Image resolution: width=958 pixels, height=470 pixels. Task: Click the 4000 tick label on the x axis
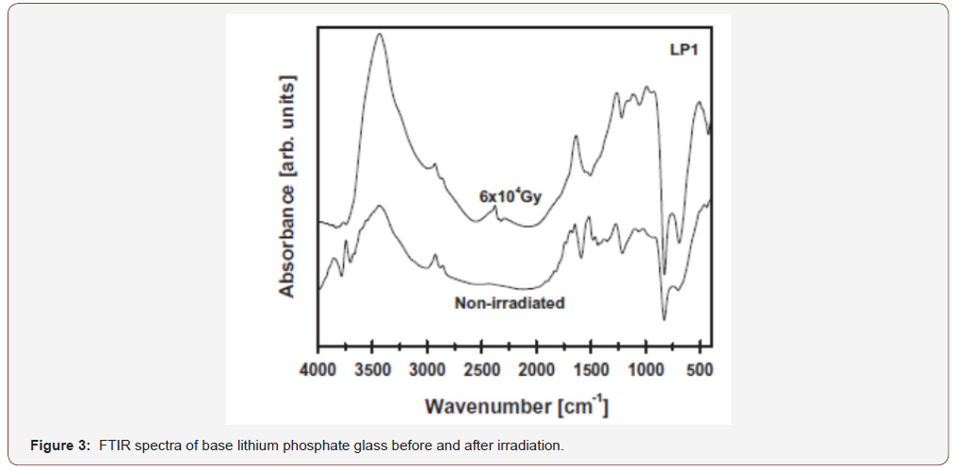click(x=318, y=370)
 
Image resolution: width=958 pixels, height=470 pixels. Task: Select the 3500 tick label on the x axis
click(x=373, y=370)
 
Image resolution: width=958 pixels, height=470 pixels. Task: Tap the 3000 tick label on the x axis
click(x=428, y=370)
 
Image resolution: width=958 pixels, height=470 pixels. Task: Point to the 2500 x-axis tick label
click(x=482, y=370)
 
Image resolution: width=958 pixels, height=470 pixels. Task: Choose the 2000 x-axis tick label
click(x=537, y=370)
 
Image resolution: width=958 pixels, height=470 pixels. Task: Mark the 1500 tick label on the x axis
click(x=592, y=370)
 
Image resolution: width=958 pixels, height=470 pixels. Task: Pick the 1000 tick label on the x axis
click(x=646, y=370)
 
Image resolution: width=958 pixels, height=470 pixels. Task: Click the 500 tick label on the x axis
click(x=700, y=370)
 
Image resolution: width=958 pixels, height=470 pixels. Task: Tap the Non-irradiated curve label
click(x=510, y=303)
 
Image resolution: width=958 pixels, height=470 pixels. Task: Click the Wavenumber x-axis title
click(x=516, y=407)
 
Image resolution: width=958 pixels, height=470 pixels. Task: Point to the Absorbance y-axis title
click(x=287, y=186)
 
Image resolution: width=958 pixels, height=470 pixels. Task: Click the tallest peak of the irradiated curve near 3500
click(x=380, y=34)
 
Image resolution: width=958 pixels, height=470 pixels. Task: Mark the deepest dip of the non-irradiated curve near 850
click(x=664, y=319)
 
